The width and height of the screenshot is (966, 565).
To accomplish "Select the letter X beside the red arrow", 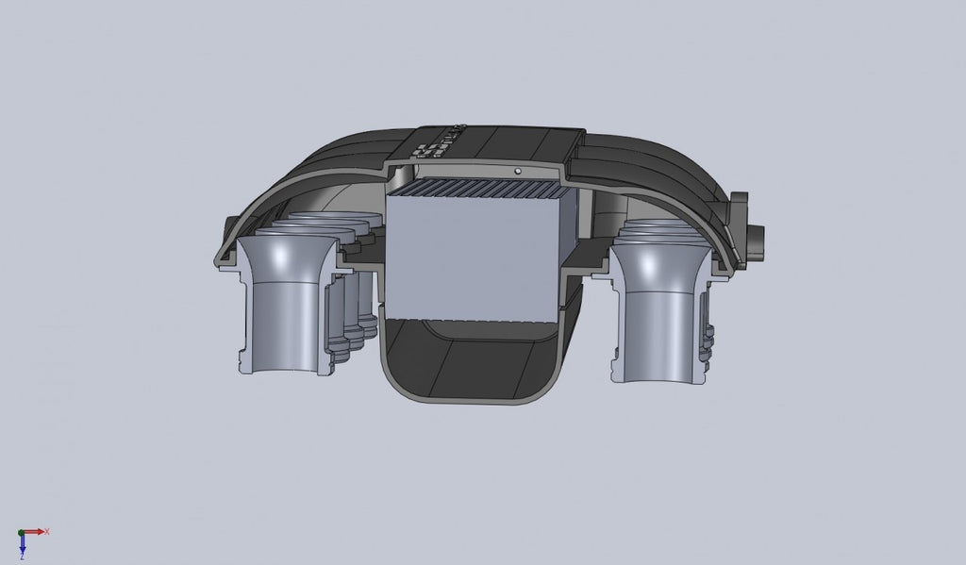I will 46,532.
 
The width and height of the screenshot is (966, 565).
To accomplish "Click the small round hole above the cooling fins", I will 518,171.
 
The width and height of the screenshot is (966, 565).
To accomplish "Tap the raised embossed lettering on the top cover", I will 440,141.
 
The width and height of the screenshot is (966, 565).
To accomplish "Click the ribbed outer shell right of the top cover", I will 651,174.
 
